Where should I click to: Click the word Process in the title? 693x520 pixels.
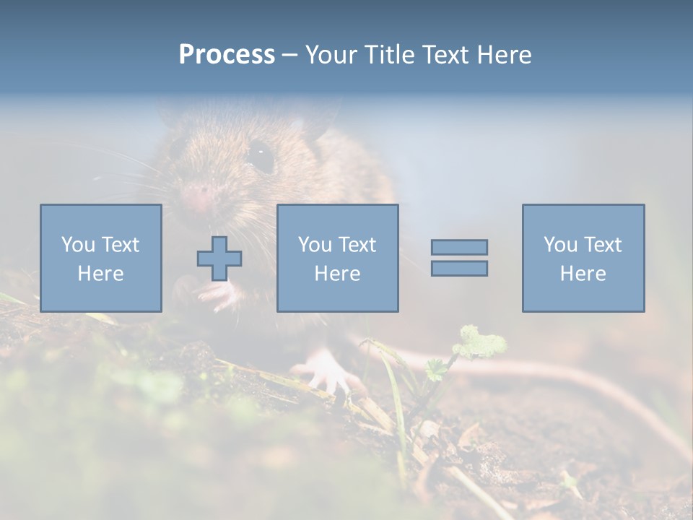[227, 55]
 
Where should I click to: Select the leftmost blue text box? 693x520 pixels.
[101, 258]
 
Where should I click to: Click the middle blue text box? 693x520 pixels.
[337, 258]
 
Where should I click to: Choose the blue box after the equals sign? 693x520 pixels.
[583, 258]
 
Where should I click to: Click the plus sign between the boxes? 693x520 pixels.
[219, 259]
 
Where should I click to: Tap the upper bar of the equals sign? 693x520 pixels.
[459, 247]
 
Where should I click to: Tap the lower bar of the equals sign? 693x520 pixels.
[459, 269]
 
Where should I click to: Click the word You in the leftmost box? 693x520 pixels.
[77, 245]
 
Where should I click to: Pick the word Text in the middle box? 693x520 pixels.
[357, 245]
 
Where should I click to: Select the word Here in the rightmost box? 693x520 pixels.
[583, 274]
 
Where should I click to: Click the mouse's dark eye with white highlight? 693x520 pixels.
[261, 155]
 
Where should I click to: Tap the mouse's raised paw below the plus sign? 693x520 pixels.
[217, 293]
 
